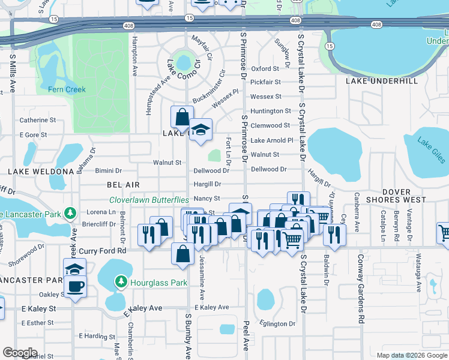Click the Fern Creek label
67,89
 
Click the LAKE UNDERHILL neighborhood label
381,80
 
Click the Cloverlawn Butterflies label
149,200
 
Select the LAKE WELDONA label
40,172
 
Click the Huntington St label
271,111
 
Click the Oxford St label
266,69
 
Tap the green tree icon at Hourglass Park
121,281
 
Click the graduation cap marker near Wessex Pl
200,130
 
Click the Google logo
20,353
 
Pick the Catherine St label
34,120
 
